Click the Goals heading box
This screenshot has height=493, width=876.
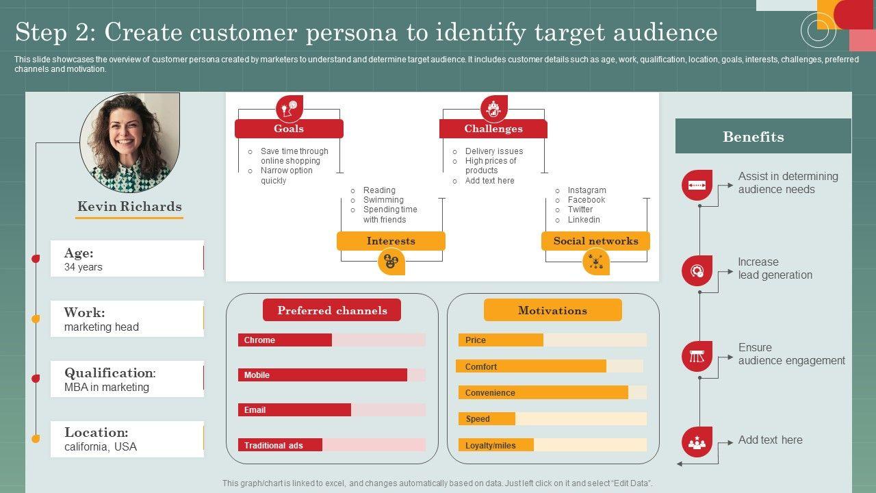pyautogui.click(x=289, y=129)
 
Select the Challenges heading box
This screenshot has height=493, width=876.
pyautogui.click(x=493, y=129)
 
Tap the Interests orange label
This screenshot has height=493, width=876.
pyautogui.click(x=391, y=241)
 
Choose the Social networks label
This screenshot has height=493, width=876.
pyautogui.click(x=595, y=241)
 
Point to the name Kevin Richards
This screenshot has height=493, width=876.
pyautogui.click(x=129, y=207)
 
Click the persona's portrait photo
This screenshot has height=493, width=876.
pyautogui.click(x=130, y=142)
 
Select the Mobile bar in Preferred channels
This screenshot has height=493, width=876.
pyautogui.click(x=322, y=375)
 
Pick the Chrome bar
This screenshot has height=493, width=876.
pyautogui.click(x=285, y=340)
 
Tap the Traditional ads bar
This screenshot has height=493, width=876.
pyautogui.click(x=281, y=445)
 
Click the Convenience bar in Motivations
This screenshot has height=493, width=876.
pyautogui.click(x=543, y=393)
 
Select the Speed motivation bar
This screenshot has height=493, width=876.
pyautogui.click(x=487, y=419)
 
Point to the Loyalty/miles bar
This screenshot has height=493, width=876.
pyautogui.click(x=495, y=445)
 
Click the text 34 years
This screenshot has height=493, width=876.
pyautogui.click(x=83, y=267)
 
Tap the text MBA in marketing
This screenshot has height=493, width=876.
pyautogui.click(x=107, y=388)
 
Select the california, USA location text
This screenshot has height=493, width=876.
pyautogui.click(x=101, y=447)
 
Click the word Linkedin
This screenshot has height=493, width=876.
pyautogui.click(x=584, y=220)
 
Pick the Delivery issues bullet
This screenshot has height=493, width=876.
pyautogui.click(x=494, y=151)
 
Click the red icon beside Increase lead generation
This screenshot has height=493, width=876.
pyautogui.click(x=697, y=270)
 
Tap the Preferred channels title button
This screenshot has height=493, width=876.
pyautogui.click(x=332, y=310)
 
